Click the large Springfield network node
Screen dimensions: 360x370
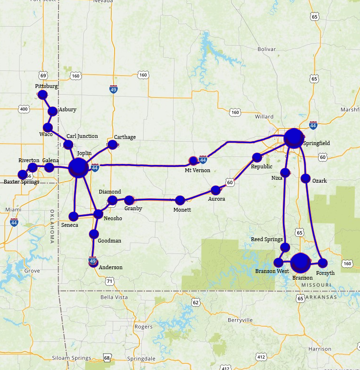(x=294, y=138)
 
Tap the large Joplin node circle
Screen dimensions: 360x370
(x=78, y=168)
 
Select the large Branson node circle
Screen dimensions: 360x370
(x=301, y=262)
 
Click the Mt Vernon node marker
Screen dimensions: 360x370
(x=193, y=161)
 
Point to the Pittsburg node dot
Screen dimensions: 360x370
(x=42, y=95)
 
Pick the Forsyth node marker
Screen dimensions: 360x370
(x=323, y=263)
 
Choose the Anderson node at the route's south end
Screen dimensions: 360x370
(x=93, y=263)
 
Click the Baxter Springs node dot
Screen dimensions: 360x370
(x=22, y=175)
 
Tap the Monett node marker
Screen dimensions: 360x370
(x=180, y=200)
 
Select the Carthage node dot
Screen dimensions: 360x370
(x=112, y=144)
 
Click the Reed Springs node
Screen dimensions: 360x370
(x=285, y=247)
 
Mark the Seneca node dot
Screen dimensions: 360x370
(x=74, y=216)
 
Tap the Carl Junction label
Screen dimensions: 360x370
(x=82, y=136)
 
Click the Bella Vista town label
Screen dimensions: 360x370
(x=114, y=297)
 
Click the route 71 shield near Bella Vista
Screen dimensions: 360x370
(x=110, y=282)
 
